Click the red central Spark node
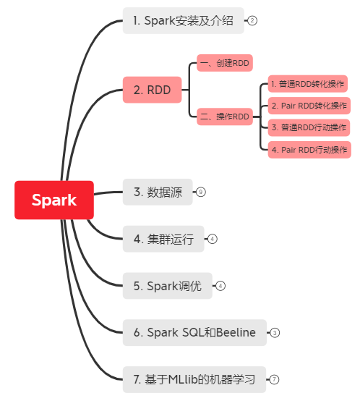pos(54,200)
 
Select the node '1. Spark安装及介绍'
pos(184,20)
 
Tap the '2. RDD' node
pos(152,90)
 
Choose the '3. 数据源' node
pos(158,192)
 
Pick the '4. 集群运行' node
pos(163,239)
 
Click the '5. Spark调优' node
pos(168,286)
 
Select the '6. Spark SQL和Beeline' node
pos(194,332)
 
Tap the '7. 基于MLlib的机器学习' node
pos(194,379)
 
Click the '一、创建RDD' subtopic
pos(225,63)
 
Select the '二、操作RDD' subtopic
pos(225,117)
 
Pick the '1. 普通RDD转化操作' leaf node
pos(308,84)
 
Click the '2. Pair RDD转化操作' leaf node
pos(309,106)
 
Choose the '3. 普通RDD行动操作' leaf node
pos(309,127)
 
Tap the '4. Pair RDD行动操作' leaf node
pos(309,150)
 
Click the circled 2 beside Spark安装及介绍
pos(252,20)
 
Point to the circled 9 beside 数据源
pos(201,192)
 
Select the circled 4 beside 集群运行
pos(213,239)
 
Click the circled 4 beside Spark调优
pos(220,286)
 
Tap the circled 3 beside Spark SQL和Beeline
pos(275,332)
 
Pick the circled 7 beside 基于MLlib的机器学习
pos(275,379)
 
